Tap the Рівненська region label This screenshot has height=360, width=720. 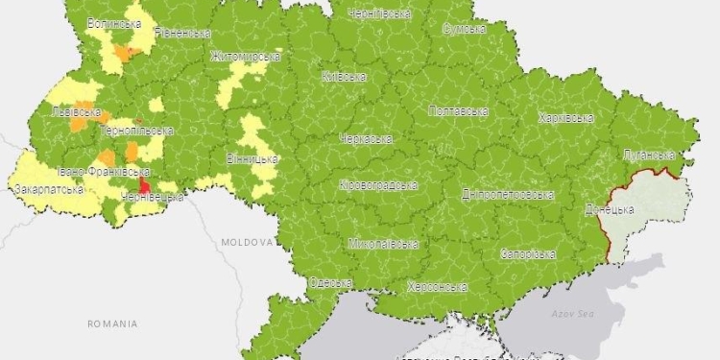[181, 33]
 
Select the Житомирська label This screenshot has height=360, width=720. [245, 56]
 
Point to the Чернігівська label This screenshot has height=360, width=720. [381, 14]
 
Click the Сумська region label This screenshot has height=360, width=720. [467, 29]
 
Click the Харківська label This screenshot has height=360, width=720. [565, 118]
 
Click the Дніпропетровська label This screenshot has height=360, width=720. [508, 194]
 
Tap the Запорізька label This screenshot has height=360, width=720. [528, 254]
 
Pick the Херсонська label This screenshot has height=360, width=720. [437, 286]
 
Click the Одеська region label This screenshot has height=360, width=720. [330, 282]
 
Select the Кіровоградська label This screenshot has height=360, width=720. [378, 184]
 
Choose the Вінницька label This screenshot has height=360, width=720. [252, 158]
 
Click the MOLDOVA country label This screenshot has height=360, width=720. [246, 243]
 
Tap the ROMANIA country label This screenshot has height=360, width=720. [111, 324]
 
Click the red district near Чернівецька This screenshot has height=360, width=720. [145, 186]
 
